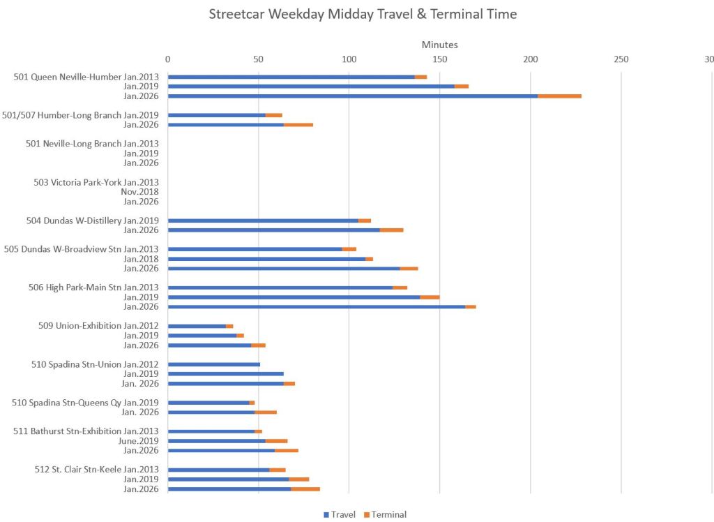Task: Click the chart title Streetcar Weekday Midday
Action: pos(363,14)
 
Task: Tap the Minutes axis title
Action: pos(440,45)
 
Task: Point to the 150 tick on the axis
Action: pos(439,59)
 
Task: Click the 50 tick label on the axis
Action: pos(258,59)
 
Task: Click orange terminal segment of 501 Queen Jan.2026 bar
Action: pos(559,96)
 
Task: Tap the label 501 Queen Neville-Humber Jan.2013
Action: pos(86,77)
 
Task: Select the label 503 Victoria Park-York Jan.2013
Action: pos(96,182)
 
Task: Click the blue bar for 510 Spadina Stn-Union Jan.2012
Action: pos(213,364)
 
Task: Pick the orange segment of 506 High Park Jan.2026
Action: pos(471,306)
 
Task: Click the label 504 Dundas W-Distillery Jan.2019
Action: pos(92,221)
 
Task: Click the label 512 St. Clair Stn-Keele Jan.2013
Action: pos(96,470)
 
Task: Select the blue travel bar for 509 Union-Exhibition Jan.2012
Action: pos(197,326)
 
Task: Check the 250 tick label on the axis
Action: pos(621,59)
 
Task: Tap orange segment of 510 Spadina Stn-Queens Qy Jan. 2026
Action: pos(266,412)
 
